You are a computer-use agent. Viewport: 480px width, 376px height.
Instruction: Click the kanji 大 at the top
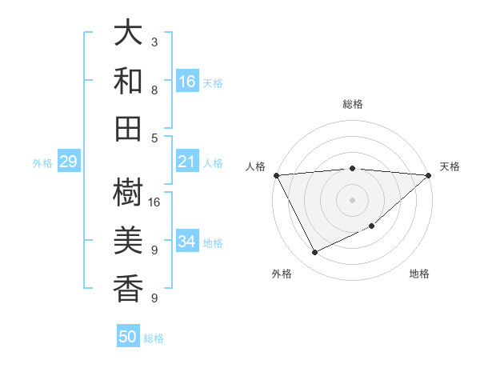click(128, 34)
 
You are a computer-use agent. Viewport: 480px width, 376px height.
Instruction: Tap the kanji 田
click(128, 127)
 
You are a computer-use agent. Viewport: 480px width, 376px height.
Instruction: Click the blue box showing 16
click(187, 81)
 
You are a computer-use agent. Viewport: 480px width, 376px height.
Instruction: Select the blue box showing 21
click(187, 162)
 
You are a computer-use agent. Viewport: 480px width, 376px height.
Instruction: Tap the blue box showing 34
click(187, 242)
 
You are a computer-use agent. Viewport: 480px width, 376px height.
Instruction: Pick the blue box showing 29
click(68, 162)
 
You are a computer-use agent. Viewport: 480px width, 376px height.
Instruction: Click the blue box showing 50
click(128, 337)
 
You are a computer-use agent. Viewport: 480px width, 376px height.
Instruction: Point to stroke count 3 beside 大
click(154, 42)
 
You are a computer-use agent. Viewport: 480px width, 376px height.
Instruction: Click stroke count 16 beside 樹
click(155, 202)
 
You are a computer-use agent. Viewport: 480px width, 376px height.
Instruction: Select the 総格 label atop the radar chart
click(353, 104)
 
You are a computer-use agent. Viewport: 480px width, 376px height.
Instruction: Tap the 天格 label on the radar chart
click(450, 166)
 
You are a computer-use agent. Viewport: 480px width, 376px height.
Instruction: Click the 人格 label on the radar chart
click(256, 166)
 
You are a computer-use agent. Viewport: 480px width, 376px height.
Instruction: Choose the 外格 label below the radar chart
click(282, 274)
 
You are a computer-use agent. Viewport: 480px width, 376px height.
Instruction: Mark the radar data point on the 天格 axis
click(428, 175)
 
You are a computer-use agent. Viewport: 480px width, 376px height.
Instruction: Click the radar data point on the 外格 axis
click(314, 253)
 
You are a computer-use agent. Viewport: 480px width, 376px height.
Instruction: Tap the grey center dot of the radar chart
click(352, 199)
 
